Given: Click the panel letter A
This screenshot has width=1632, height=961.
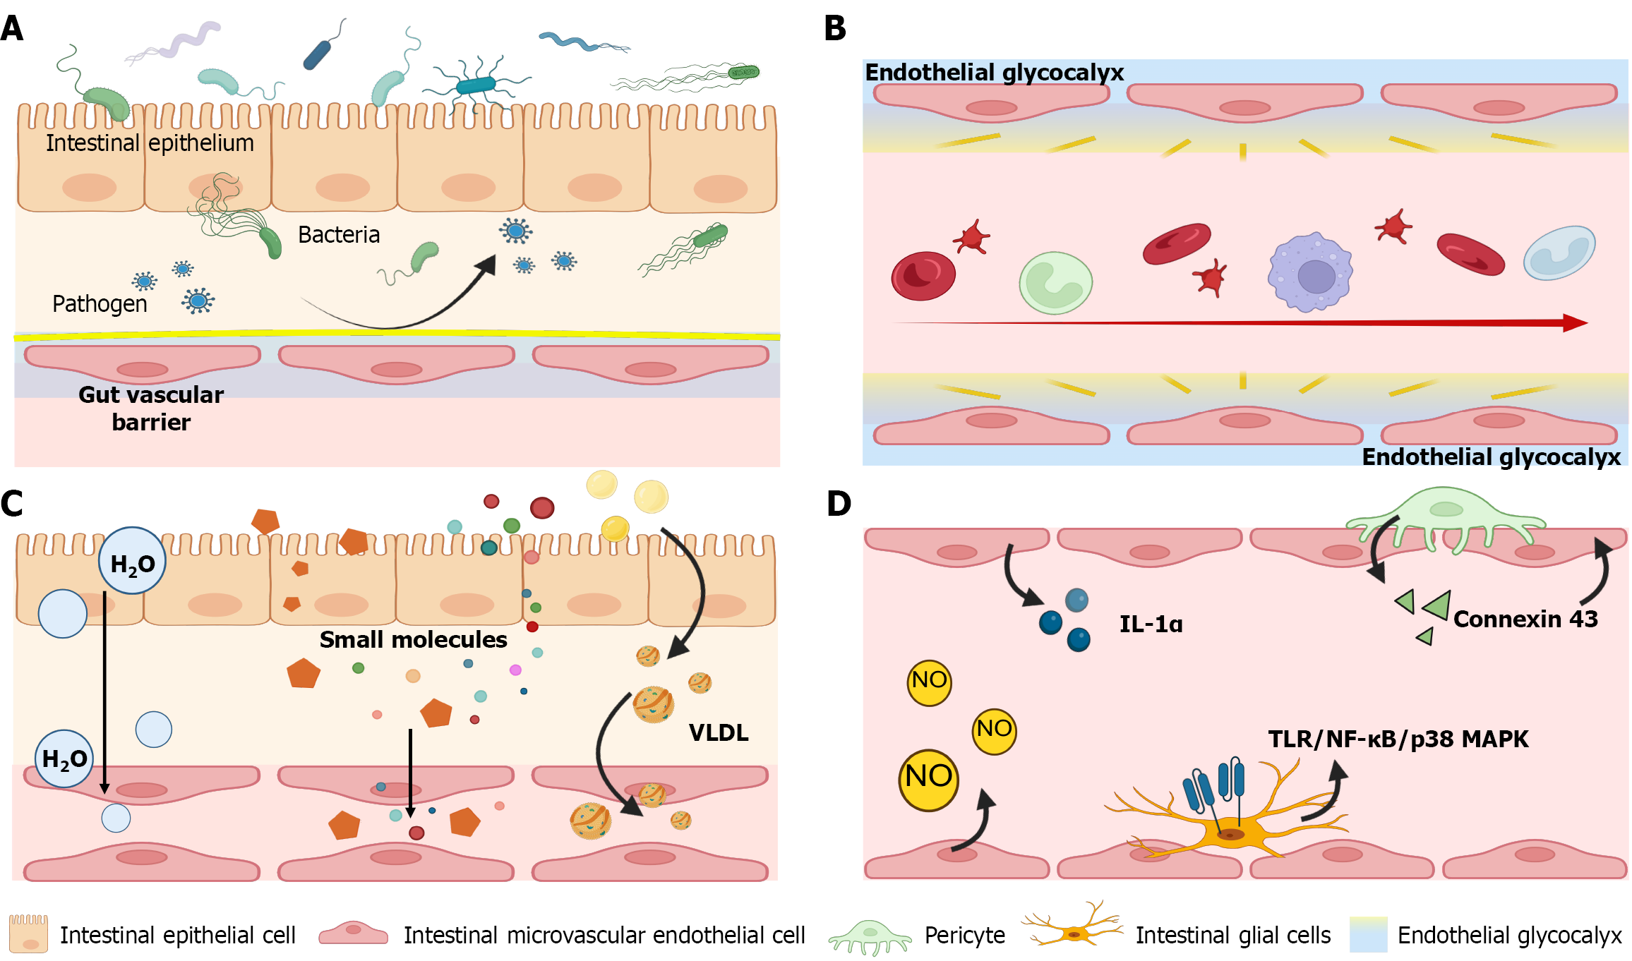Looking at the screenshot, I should click(x=12, y=28).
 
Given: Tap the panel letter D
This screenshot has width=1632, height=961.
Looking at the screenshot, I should click(x=839, y=504).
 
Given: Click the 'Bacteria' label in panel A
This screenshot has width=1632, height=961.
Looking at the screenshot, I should click(x=339, y=234).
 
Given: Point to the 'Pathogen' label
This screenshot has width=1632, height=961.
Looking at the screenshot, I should click(x=100, y=303).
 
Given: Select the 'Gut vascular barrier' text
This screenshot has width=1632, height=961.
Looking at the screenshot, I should click(x=151, y=408).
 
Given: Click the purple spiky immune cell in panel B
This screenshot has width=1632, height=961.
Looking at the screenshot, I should click(x=1310, y=272).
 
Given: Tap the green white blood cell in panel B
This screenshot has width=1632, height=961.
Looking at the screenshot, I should click(x=1055, y=283).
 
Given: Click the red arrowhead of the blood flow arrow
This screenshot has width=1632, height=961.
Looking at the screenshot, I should click(x=1576, y=323).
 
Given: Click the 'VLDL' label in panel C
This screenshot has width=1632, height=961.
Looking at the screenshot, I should click(x=719, y=732).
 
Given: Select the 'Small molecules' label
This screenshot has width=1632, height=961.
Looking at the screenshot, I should click(x=413, y=639).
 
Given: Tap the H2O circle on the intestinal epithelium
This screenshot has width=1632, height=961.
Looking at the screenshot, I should click(x=132, y=562).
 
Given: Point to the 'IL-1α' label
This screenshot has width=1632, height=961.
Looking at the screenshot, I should click(x=1151, y=624).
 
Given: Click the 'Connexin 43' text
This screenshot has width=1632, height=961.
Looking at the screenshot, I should click(x=1525, y=619).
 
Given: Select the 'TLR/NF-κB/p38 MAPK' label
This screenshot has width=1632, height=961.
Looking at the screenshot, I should click(x=1398, y=739).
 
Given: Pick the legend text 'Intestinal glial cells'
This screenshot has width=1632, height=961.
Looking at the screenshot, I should click(x=1232, y=935).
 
